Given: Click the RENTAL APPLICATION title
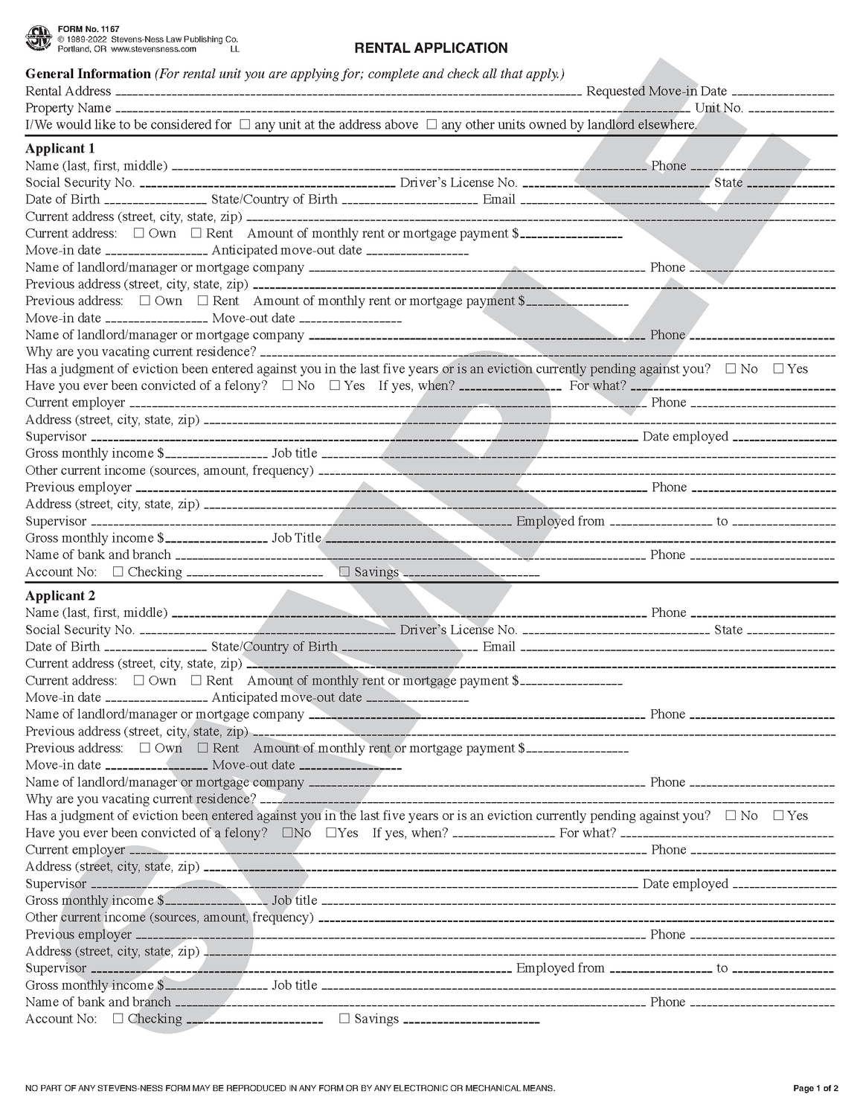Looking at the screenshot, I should (x=431, y=48).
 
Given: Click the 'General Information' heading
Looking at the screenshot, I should (x=88, y=74).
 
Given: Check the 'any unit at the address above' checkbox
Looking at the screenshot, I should (x=245, y=125).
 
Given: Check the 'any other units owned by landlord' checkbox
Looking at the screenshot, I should (x=431, y=125).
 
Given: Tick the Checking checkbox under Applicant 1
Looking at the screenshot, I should (x=118, y=572).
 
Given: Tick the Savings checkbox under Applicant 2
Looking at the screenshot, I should (x=344, y=1018).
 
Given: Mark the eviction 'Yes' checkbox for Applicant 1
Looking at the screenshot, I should (x=778, y=368).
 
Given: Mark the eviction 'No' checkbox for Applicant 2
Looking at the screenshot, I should (x=731, y=815).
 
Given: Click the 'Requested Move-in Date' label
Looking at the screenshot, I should (x=656, y=91).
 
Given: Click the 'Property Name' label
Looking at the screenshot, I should (x=68, y=108).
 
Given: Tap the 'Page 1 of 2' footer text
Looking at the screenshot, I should (x=815, y=1089).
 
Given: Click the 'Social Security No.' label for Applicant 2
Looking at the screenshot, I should (x=80, y=630).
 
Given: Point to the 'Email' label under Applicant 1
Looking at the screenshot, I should (x=498, y=199).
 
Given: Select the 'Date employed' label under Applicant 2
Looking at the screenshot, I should (x=684, y=883).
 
